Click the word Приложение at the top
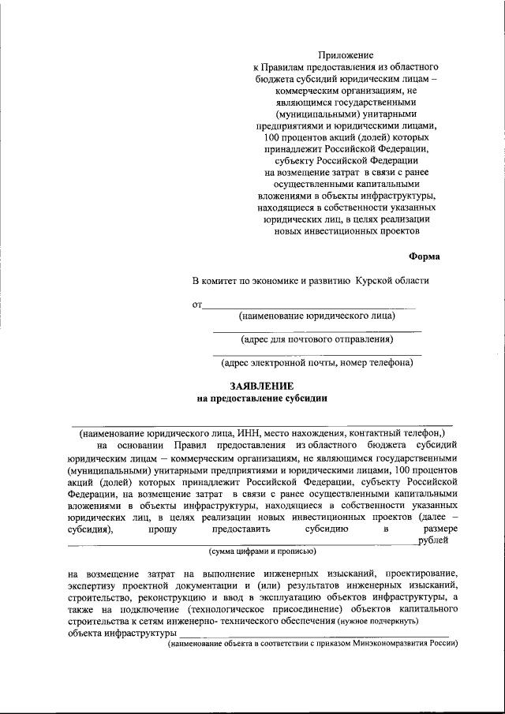pos(345,54)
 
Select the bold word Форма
pos(425,256)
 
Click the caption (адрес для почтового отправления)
pos(317,340)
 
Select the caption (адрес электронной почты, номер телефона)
pos(317,364)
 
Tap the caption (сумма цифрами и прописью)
pos(262,551)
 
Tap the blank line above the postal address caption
pos(317,331)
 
